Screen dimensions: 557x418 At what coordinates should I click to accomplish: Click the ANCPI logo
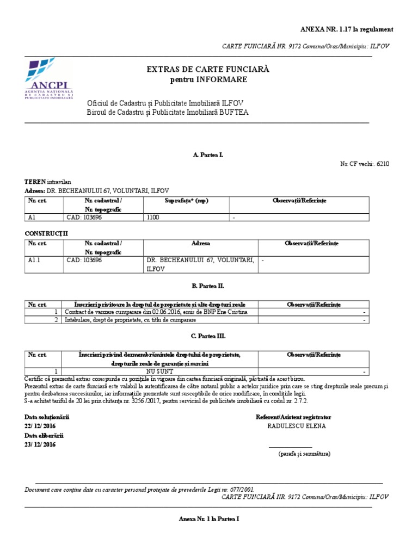(x=48, y=79)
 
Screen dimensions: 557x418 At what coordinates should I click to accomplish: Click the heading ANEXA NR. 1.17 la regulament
(x=347, y=29)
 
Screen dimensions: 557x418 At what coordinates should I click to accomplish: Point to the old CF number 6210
(x=382, y=163)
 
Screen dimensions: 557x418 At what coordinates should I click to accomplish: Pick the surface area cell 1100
(x=154, y=218)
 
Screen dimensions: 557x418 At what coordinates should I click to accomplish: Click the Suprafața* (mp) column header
(x=186, y=201)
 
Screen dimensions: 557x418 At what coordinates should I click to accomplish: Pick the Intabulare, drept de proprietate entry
(x=130, y=320)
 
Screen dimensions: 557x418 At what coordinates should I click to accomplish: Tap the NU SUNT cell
(x=161, y=372)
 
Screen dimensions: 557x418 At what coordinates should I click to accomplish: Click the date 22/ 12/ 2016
(x=40, y=426)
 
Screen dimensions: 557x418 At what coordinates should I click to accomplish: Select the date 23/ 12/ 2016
(x=40, y=444)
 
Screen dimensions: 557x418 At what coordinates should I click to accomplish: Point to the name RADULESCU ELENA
(x=297, y=426)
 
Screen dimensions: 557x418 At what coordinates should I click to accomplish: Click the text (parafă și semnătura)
(x=304, y=453)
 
